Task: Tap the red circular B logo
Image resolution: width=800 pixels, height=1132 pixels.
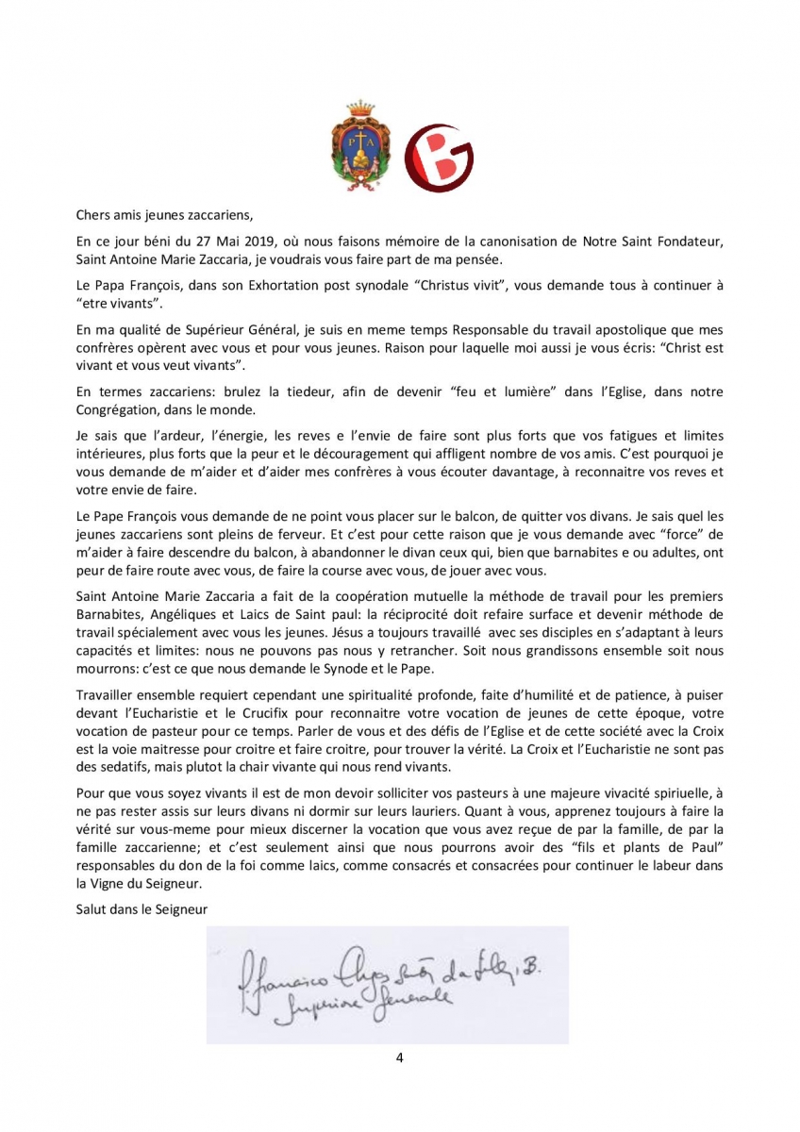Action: [x=439, y=158]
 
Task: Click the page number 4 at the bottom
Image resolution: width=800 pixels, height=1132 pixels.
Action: [x=400, y=1057]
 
